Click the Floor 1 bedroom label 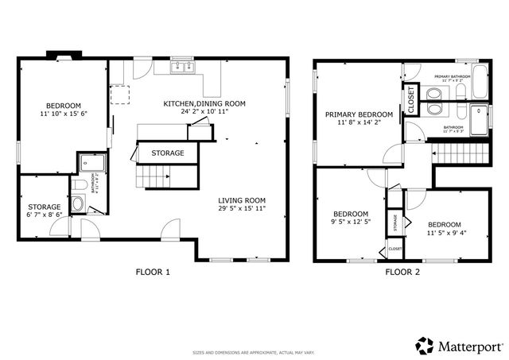(62, 106)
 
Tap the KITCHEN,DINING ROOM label (204, 103)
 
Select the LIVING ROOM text (243, 200)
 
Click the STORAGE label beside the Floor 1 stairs (168, 153)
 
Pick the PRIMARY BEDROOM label (359, 114)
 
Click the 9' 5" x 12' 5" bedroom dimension (350, 223)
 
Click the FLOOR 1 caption (152, 272)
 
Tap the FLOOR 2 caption (402, 272)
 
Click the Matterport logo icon (424, 345)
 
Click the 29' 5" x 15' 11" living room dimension (243, 209)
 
